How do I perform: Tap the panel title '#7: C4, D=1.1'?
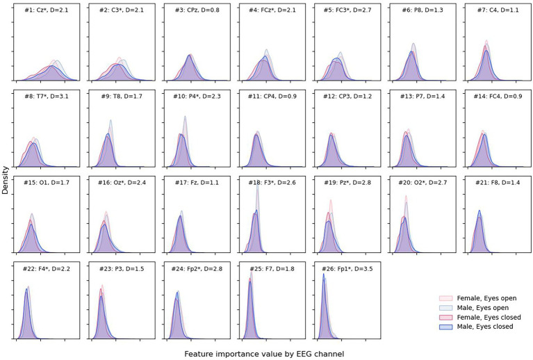point(495,12)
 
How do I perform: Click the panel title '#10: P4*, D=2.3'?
point(196,97)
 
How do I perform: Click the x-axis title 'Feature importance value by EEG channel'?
point(264,354)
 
